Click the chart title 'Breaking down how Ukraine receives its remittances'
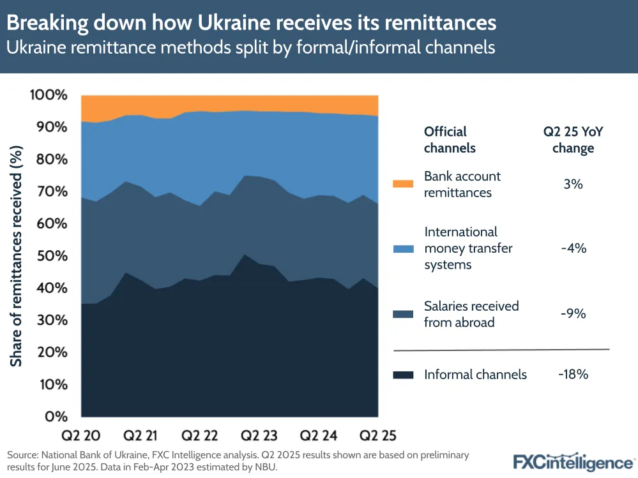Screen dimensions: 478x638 tap(252, 22)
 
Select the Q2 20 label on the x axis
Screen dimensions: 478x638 tap(80, 437)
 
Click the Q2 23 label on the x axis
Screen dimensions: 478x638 tap(259, 437)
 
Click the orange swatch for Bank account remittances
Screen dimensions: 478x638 tap(404, 184)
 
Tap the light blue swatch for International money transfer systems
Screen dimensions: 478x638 tap(404, 248)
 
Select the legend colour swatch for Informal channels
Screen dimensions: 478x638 tap(404, 375)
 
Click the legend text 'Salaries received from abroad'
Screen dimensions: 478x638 tap(471, 314)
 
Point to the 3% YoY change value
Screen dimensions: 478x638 tap(573, 184)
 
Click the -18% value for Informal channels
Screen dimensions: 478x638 tap(573, 375)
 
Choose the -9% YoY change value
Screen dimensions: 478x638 tap(573, 314)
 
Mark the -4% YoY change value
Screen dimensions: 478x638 tap(573, 248)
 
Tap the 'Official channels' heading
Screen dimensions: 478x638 tap(450, 140)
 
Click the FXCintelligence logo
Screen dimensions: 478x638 tap(573, 461)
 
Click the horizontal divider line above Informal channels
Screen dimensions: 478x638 tap(501, 350)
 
